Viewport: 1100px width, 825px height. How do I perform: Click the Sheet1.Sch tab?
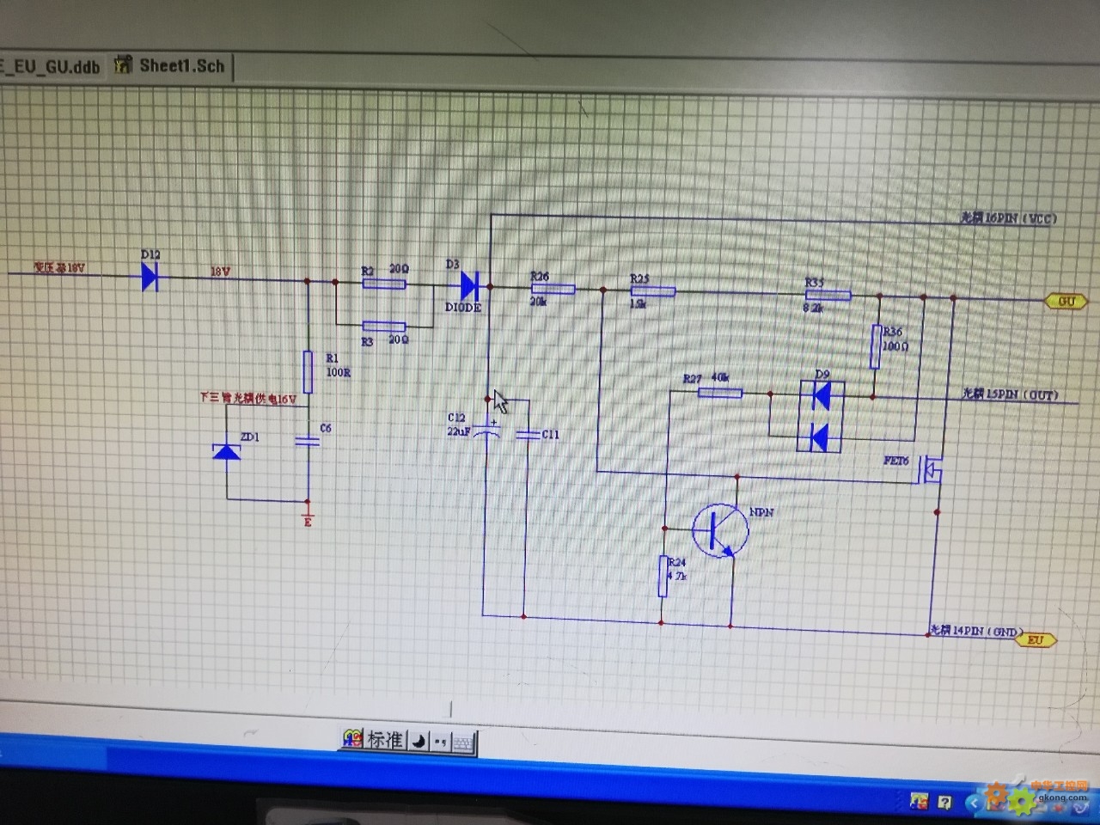point(180,65)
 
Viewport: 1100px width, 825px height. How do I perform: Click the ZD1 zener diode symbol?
point(227,450)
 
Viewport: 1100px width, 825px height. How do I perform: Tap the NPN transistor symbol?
point(720,529)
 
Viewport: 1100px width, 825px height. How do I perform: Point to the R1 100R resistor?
point(308,371)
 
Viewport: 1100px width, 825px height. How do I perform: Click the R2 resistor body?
point(383,283)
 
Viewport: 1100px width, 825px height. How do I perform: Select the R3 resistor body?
point(383,327)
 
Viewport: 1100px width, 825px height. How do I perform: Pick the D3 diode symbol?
point(469,285)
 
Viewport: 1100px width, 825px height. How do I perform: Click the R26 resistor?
point(553,290)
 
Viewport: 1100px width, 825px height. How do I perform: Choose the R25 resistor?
point(653,292)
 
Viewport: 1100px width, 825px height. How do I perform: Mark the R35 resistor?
point(828,296)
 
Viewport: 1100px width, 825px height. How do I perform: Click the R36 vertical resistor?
point(876,345)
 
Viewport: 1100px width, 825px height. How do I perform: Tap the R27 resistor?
point(720,393)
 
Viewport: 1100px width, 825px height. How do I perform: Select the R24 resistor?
point(663,576)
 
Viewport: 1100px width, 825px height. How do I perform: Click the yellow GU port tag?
point(1066,302)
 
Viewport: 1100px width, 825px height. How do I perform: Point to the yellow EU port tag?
point(1036,640)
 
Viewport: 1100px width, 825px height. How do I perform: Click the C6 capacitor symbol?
point(307,441)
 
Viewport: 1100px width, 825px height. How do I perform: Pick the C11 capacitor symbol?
point(527,435)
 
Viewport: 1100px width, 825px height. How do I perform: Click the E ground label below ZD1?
point(308,522)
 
